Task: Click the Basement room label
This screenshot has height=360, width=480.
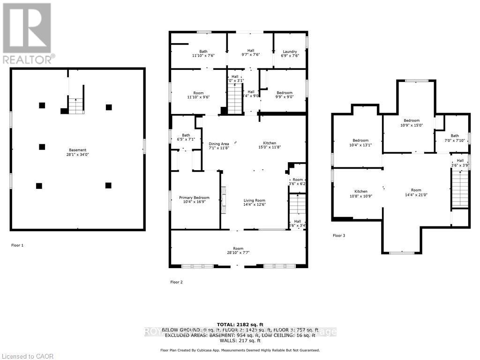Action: click(77, 152)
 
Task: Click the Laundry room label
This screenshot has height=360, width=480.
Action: click(290, 53)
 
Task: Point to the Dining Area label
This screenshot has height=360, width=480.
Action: click(218, 146)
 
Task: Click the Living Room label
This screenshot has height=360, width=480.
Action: click(254, 203)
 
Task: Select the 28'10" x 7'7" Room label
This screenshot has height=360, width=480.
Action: click(238, 251)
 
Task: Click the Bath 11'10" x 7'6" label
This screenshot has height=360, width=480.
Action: click(203, 53)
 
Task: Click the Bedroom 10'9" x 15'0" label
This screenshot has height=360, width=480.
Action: click(412, 123)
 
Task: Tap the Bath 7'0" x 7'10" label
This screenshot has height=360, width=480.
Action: click(452, 138)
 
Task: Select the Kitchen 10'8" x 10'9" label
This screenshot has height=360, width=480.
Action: click(360, 194)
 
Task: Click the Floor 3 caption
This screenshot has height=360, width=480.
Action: click(339, 235)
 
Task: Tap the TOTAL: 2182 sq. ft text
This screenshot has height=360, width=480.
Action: click(240, 324)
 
